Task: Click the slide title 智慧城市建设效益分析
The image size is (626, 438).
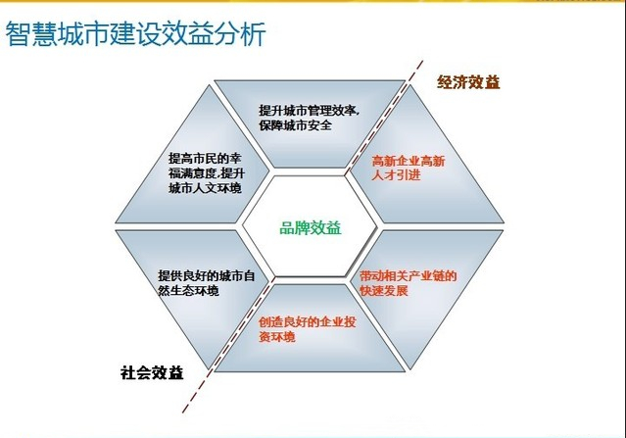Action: coord(136,34)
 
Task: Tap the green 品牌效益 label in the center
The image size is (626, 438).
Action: coord(311,228)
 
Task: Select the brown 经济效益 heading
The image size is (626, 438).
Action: coord(468,82)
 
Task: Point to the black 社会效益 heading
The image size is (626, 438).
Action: coord(152,373)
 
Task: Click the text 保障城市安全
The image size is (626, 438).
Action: coord(296,125)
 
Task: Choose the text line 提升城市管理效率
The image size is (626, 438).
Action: coord(309,111)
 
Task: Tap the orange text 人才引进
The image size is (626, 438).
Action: coord(396,174)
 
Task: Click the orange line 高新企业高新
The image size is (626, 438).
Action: coord(409,161)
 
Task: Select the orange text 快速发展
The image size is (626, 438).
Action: coord(384,290)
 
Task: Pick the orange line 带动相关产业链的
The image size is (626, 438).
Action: coord(408,276)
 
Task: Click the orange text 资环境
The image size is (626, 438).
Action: coord(277,336)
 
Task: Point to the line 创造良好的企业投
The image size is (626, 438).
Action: coord(308,321)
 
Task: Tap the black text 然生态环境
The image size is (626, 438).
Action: coord(188,290)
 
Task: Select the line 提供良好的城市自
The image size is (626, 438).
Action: coord(207,276)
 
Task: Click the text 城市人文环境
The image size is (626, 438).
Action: coord(205,188)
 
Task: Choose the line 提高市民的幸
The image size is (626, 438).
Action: coord(205,159)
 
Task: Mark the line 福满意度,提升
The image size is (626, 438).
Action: coord(207,173)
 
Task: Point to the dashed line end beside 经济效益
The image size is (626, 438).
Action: coord(422,61)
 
